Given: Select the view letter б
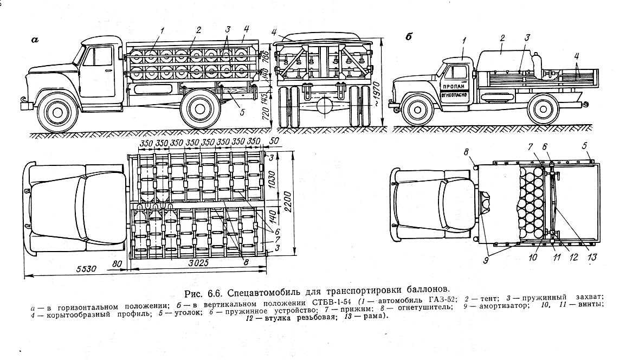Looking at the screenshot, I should (x=409, y=37).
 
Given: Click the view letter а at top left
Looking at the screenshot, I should (x=36, y=39).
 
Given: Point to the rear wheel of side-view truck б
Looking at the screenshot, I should (x=543, y=111).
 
